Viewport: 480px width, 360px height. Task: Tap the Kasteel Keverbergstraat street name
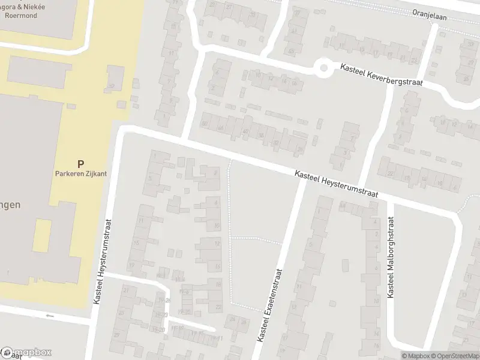pyautogui.click(x=381, y=76)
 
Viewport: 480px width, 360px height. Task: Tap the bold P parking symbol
pyautogui.click(x=80, y=164)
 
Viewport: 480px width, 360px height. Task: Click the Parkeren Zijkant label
pyautogui.click(x=80, y=174)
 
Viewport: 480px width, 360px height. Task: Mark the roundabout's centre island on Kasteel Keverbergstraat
pyautogui.click(x=325, y=68)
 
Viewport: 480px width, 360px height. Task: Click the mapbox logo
pyautogui.click(x=26, y=352)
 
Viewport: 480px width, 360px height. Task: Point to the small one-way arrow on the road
pyautogui.click(x=49, y=316)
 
